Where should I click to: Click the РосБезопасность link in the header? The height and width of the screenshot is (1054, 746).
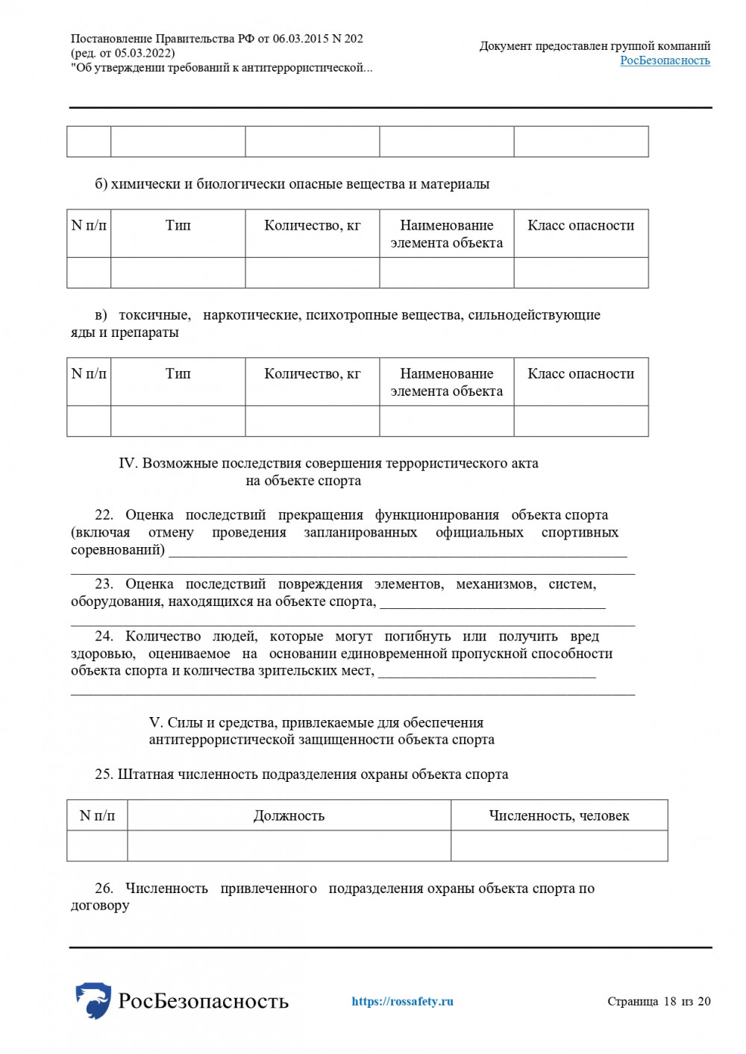tap(665, 60)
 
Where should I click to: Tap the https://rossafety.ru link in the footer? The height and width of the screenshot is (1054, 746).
tap(402, 1001)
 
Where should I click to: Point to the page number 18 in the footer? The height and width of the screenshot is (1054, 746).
tap(669, 1001)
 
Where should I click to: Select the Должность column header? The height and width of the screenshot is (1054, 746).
tap(289, 815)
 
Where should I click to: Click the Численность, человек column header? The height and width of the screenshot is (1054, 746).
tap(559, 815)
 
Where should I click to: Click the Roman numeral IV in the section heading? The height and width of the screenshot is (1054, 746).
tap(128, 463)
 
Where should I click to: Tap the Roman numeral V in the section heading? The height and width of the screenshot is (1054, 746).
tap(155, 722)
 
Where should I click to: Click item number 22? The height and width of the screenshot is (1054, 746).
tap(104, 515)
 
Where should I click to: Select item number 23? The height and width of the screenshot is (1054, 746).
tap(104, 584)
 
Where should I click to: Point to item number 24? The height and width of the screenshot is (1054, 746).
tap(104, 636)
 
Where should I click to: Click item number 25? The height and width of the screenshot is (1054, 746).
tap(104, 774)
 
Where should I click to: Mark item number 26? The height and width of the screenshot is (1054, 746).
tap(104, 888)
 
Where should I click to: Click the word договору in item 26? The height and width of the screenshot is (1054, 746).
tap(100, 905)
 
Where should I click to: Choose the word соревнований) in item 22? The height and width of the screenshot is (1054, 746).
tap(118, 550)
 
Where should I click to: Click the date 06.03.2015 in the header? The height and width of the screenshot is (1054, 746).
tap(301, 39)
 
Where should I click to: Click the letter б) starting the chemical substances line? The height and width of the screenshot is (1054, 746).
tap(101, 184)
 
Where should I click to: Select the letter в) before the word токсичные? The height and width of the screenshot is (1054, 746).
tap(101, 315)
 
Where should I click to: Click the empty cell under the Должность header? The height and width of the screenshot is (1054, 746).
tap(289, 846)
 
